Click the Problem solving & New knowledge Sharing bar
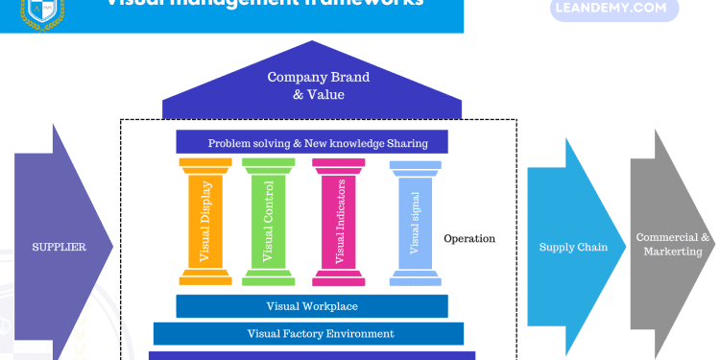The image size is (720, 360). [x=312, y=143]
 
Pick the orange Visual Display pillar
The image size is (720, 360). [x=203, y=221]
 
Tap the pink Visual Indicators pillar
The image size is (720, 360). [x=338, y=221]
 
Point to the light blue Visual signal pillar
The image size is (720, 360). [x=415, y=221]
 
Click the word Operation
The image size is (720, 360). [x=469, y=238]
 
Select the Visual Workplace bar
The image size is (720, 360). [x=312, y=306]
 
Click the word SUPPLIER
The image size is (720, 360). [x=60, y=247]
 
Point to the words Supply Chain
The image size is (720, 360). [x=573, y=247]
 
